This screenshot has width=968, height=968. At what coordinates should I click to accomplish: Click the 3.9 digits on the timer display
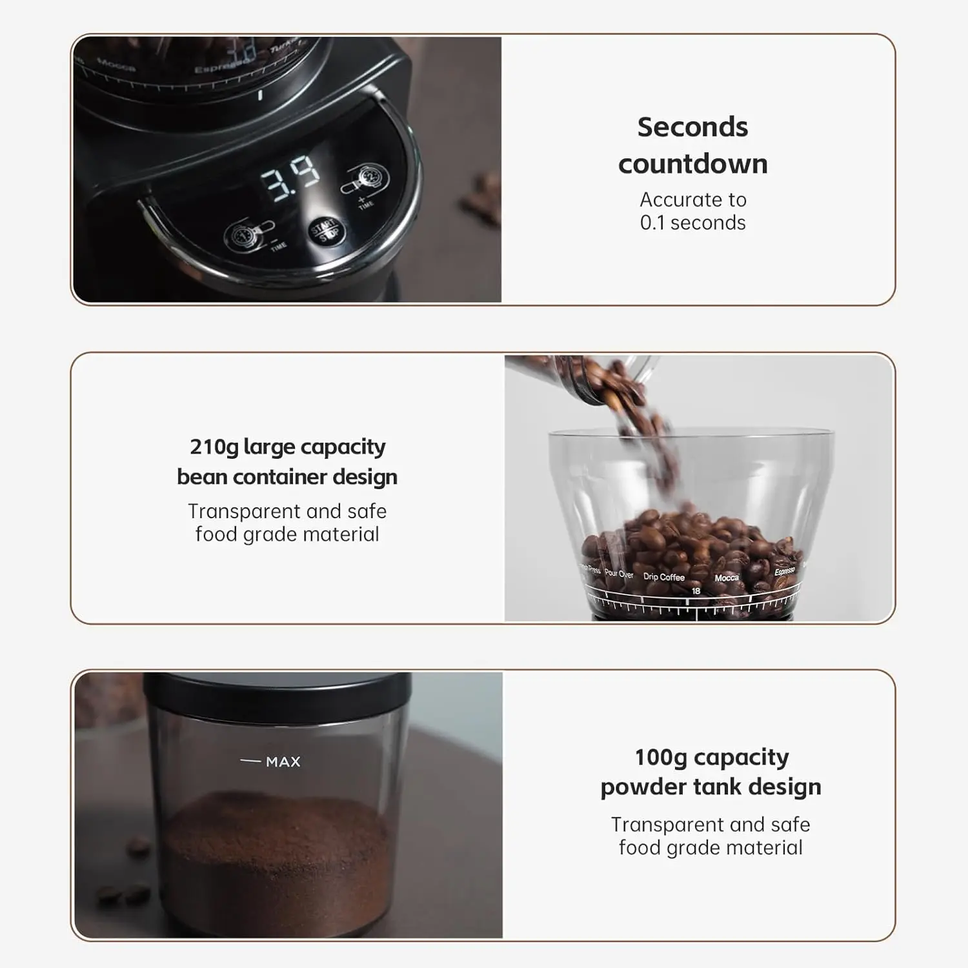click(x=290, y=179)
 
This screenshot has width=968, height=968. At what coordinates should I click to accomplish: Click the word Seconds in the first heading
click(x=692, y=127)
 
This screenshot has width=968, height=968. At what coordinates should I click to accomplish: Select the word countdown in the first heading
click(x=692, y=164)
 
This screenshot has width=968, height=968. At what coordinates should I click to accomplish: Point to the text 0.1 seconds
click(x=692, y=223)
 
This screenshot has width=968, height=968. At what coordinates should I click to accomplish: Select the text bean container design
click(x=287, y=477)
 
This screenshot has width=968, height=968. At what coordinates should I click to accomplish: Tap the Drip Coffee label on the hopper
click(x=663, y=577)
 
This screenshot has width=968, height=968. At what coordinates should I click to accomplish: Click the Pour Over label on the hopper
click(x=619, y=574)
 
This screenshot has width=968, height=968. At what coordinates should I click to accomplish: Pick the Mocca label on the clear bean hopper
click(x=727, y=578)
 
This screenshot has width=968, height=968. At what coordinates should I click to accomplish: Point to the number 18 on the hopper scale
click(x=696, y=591)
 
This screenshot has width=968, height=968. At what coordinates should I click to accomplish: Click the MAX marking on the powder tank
click(x=283, y=762)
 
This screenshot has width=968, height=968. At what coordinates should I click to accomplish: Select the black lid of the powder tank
click(x=277, y=691)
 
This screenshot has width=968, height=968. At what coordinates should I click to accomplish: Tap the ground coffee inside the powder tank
click(x=277, y=839)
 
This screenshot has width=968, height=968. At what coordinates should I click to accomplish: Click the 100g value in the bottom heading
click(x=660, y=757)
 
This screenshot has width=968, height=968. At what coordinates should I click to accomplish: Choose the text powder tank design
click(x=711, y=787)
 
